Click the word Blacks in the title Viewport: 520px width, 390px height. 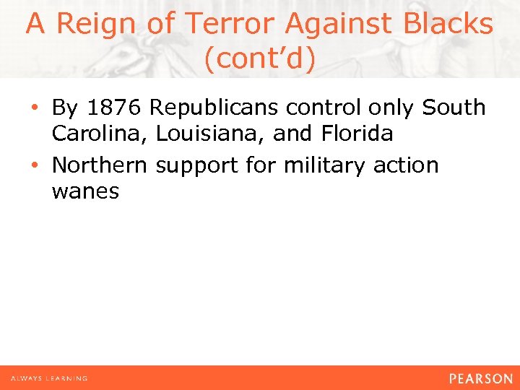click(x=448, y=25)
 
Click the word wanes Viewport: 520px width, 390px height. click(x=85, y=192)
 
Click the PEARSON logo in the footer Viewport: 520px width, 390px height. click(x=480, y=378)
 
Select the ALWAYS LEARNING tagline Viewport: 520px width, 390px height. click(x=49, y=378)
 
